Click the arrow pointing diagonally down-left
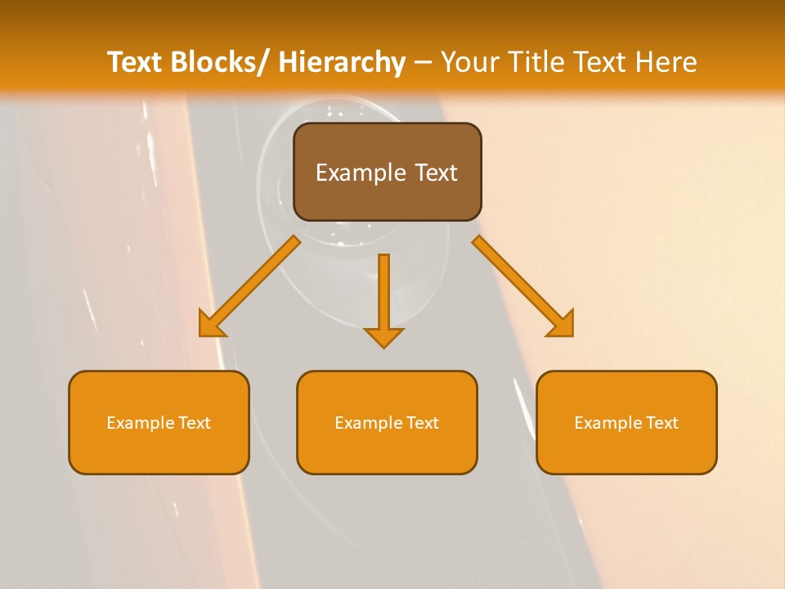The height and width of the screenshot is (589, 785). click(250, 286)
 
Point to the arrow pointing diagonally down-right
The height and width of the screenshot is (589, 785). click(523, 286)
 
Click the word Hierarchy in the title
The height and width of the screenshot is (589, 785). click(342, 62)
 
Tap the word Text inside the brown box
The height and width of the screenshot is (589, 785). click(435, 173)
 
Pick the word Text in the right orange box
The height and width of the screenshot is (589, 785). click(662, 423)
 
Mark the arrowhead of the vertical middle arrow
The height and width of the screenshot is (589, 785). click(384, 337)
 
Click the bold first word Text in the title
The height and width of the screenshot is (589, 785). click(136, 62)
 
